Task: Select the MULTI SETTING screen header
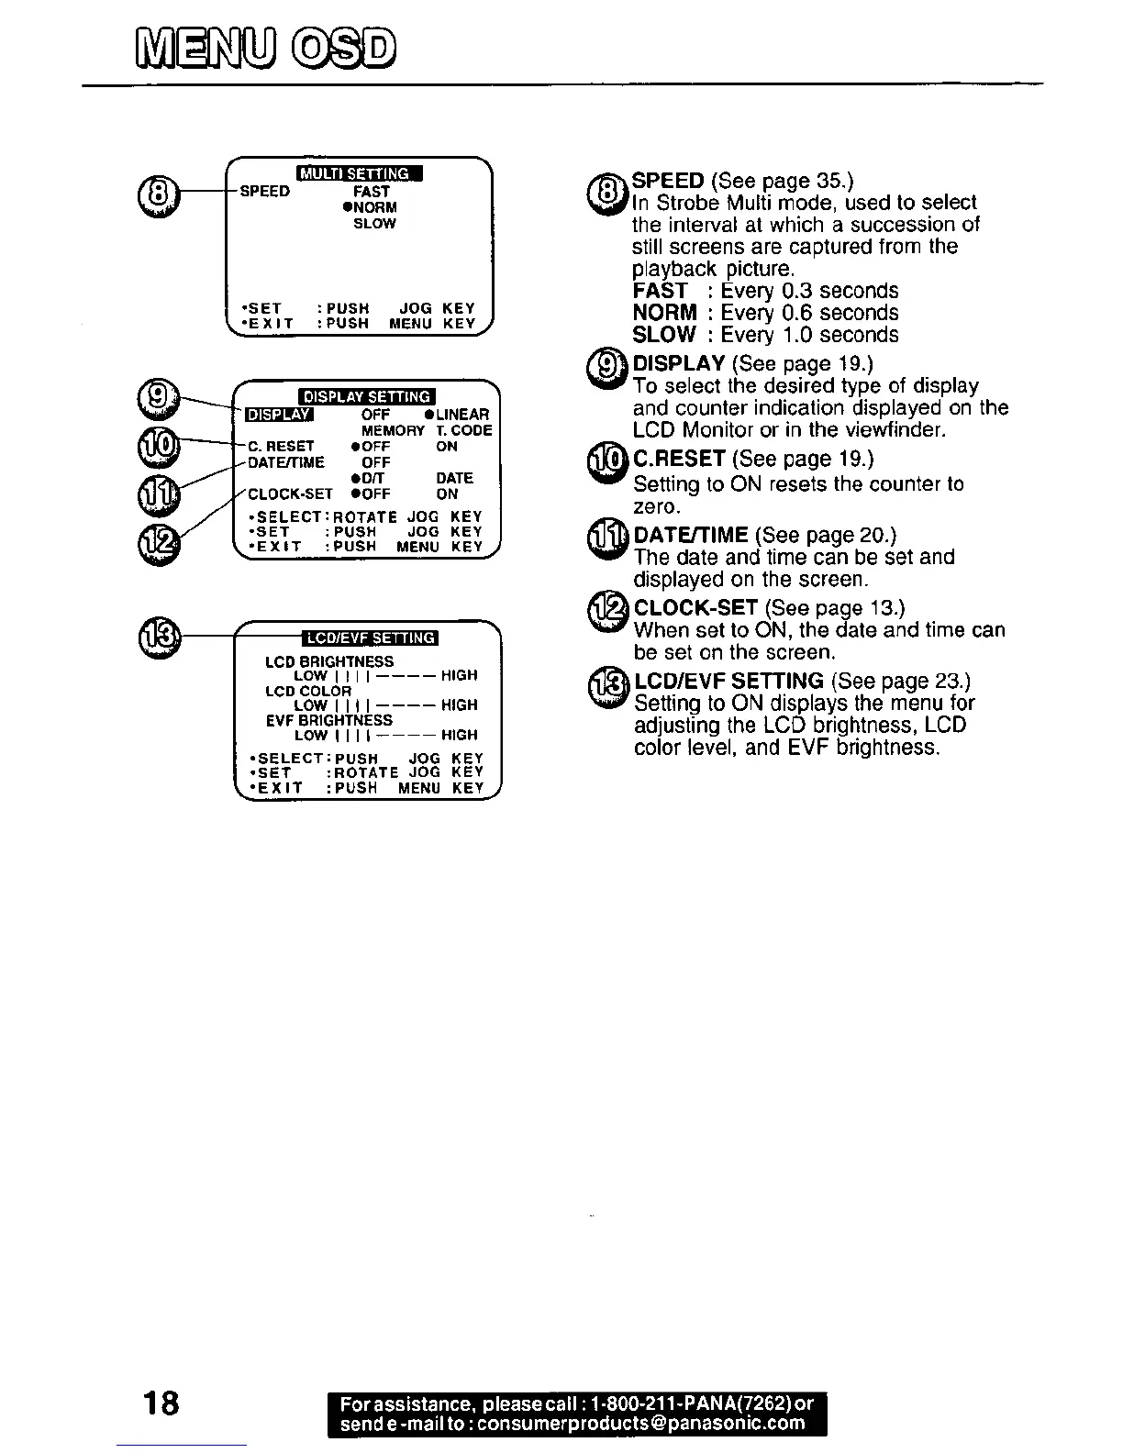[x=359, y=173]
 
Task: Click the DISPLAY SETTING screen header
[x=367, y=396]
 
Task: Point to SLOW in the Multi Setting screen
[x=374, y=223]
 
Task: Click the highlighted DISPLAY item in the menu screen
[x=280, y=415]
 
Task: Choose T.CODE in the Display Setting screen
[x=464, y=430]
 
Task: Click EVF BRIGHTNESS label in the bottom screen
[x=328, y=720]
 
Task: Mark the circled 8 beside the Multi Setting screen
[x=153, y=193]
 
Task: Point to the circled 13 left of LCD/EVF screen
[x=159, y=634]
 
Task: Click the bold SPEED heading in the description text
[x=668, y=180]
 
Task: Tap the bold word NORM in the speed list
[x=664, y=313]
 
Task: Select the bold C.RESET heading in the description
[x=680, y=458]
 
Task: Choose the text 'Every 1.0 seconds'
[x=809, y=335]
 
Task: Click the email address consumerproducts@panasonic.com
[x=641, y=1424]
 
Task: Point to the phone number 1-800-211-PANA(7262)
[x=689, y=1404]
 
